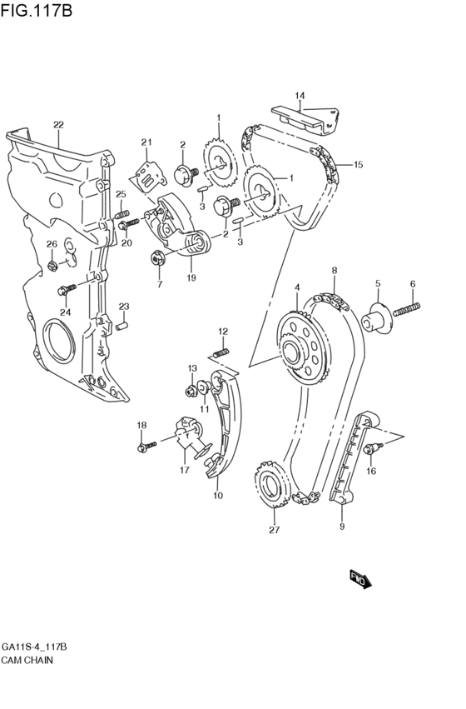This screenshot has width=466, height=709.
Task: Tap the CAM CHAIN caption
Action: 28,659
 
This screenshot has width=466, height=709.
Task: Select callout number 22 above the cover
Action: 57,126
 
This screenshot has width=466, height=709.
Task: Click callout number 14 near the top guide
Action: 300,95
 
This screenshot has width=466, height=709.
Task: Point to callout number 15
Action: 358,165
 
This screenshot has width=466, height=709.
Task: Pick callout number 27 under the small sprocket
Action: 274,530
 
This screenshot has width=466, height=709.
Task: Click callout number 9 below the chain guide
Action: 341,526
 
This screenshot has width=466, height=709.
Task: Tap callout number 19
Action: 191,277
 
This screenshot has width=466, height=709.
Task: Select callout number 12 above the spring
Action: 223,332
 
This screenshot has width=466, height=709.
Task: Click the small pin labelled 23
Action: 121,324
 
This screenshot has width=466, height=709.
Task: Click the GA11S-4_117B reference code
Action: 34,647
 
